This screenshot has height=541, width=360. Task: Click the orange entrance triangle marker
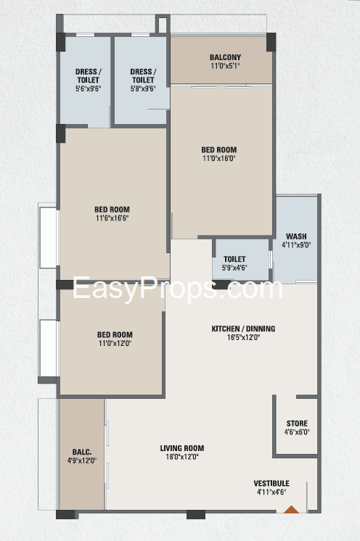291,509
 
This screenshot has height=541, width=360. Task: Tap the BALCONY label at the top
225,57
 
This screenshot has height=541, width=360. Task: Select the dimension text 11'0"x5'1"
225,65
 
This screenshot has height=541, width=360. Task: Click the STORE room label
297,423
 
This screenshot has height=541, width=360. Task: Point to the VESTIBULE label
271,483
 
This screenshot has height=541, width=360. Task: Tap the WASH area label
296,236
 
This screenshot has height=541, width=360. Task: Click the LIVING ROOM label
182,448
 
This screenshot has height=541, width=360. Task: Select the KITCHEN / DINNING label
243,329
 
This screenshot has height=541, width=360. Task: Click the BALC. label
82,452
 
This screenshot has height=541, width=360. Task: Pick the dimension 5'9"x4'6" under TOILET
234,268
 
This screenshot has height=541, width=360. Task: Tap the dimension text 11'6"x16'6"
112,218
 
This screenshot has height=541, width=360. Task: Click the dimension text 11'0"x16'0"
218,158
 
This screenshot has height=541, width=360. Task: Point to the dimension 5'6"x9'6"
89,88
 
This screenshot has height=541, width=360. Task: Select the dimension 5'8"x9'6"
143,88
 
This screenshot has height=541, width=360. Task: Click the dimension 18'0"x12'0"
182,456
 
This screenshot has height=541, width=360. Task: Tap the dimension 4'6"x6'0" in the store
297,431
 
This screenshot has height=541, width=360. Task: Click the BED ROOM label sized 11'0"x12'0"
115,334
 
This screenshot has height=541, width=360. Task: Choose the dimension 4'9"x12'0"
82,461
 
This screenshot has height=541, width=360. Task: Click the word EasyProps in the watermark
144,289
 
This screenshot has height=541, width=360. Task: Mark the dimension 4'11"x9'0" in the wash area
296,245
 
